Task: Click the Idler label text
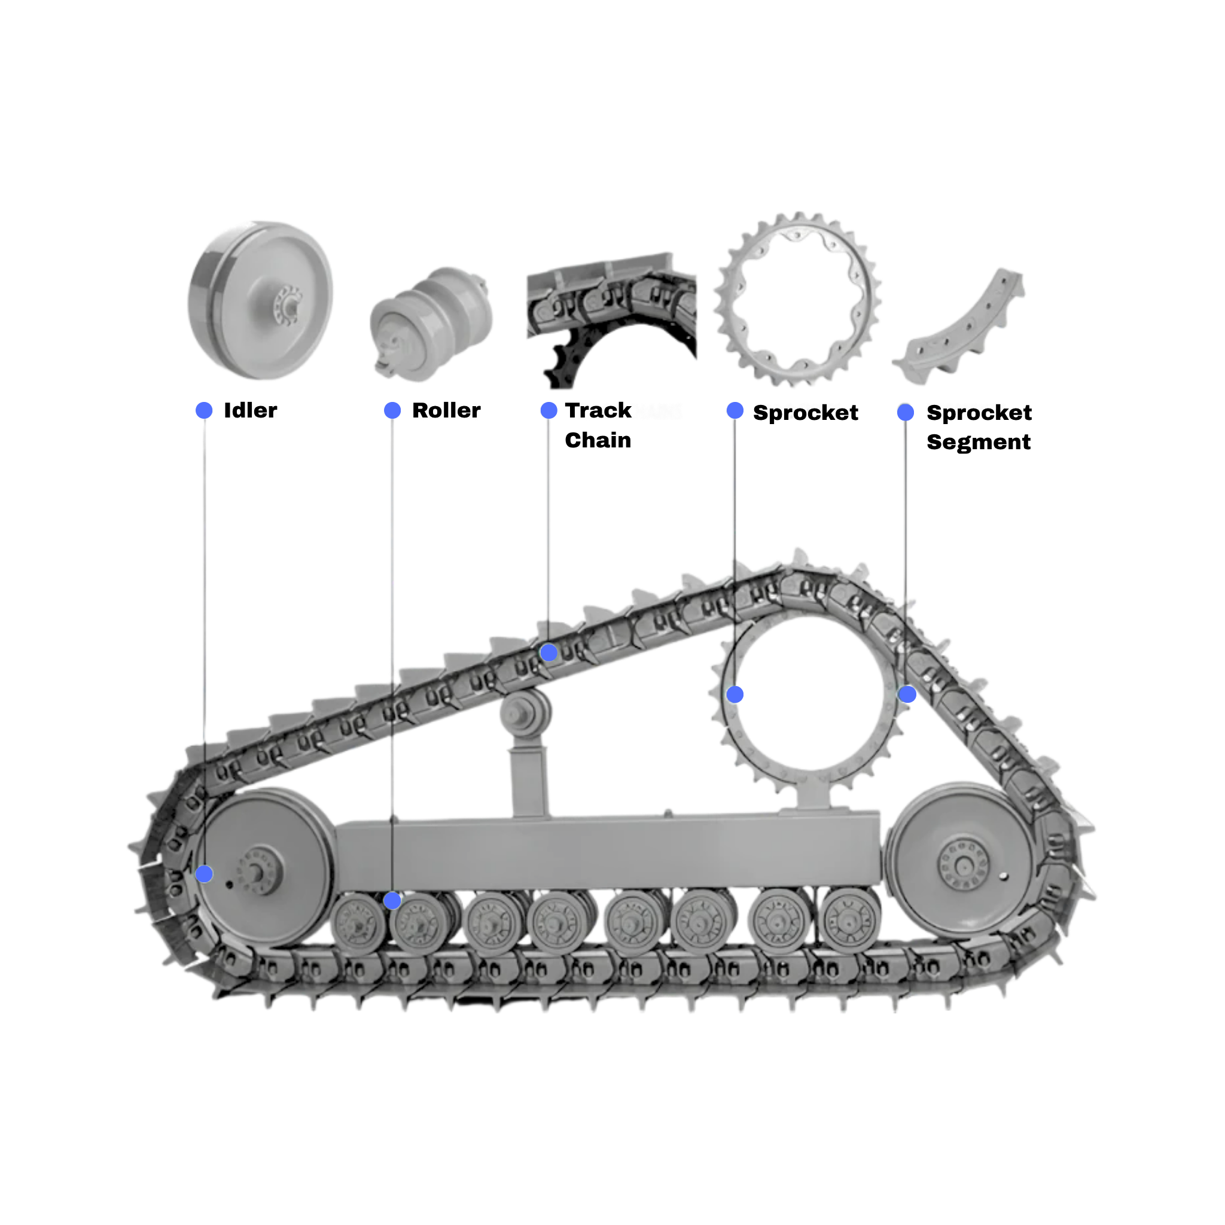point(252,411)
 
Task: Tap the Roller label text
point(446,411)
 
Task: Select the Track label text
point(600,411)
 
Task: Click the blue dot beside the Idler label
point(205,410)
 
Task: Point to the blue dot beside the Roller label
point(392,410)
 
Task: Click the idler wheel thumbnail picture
point(261,300)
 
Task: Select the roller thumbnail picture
point(431,324)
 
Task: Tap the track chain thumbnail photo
point(612,317)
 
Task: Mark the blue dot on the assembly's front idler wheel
point(204,874)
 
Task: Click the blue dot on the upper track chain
point(549,653)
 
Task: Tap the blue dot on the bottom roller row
point(392,900)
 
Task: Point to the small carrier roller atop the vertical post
point(526,714)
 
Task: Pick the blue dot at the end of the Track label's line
point(549,653)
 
